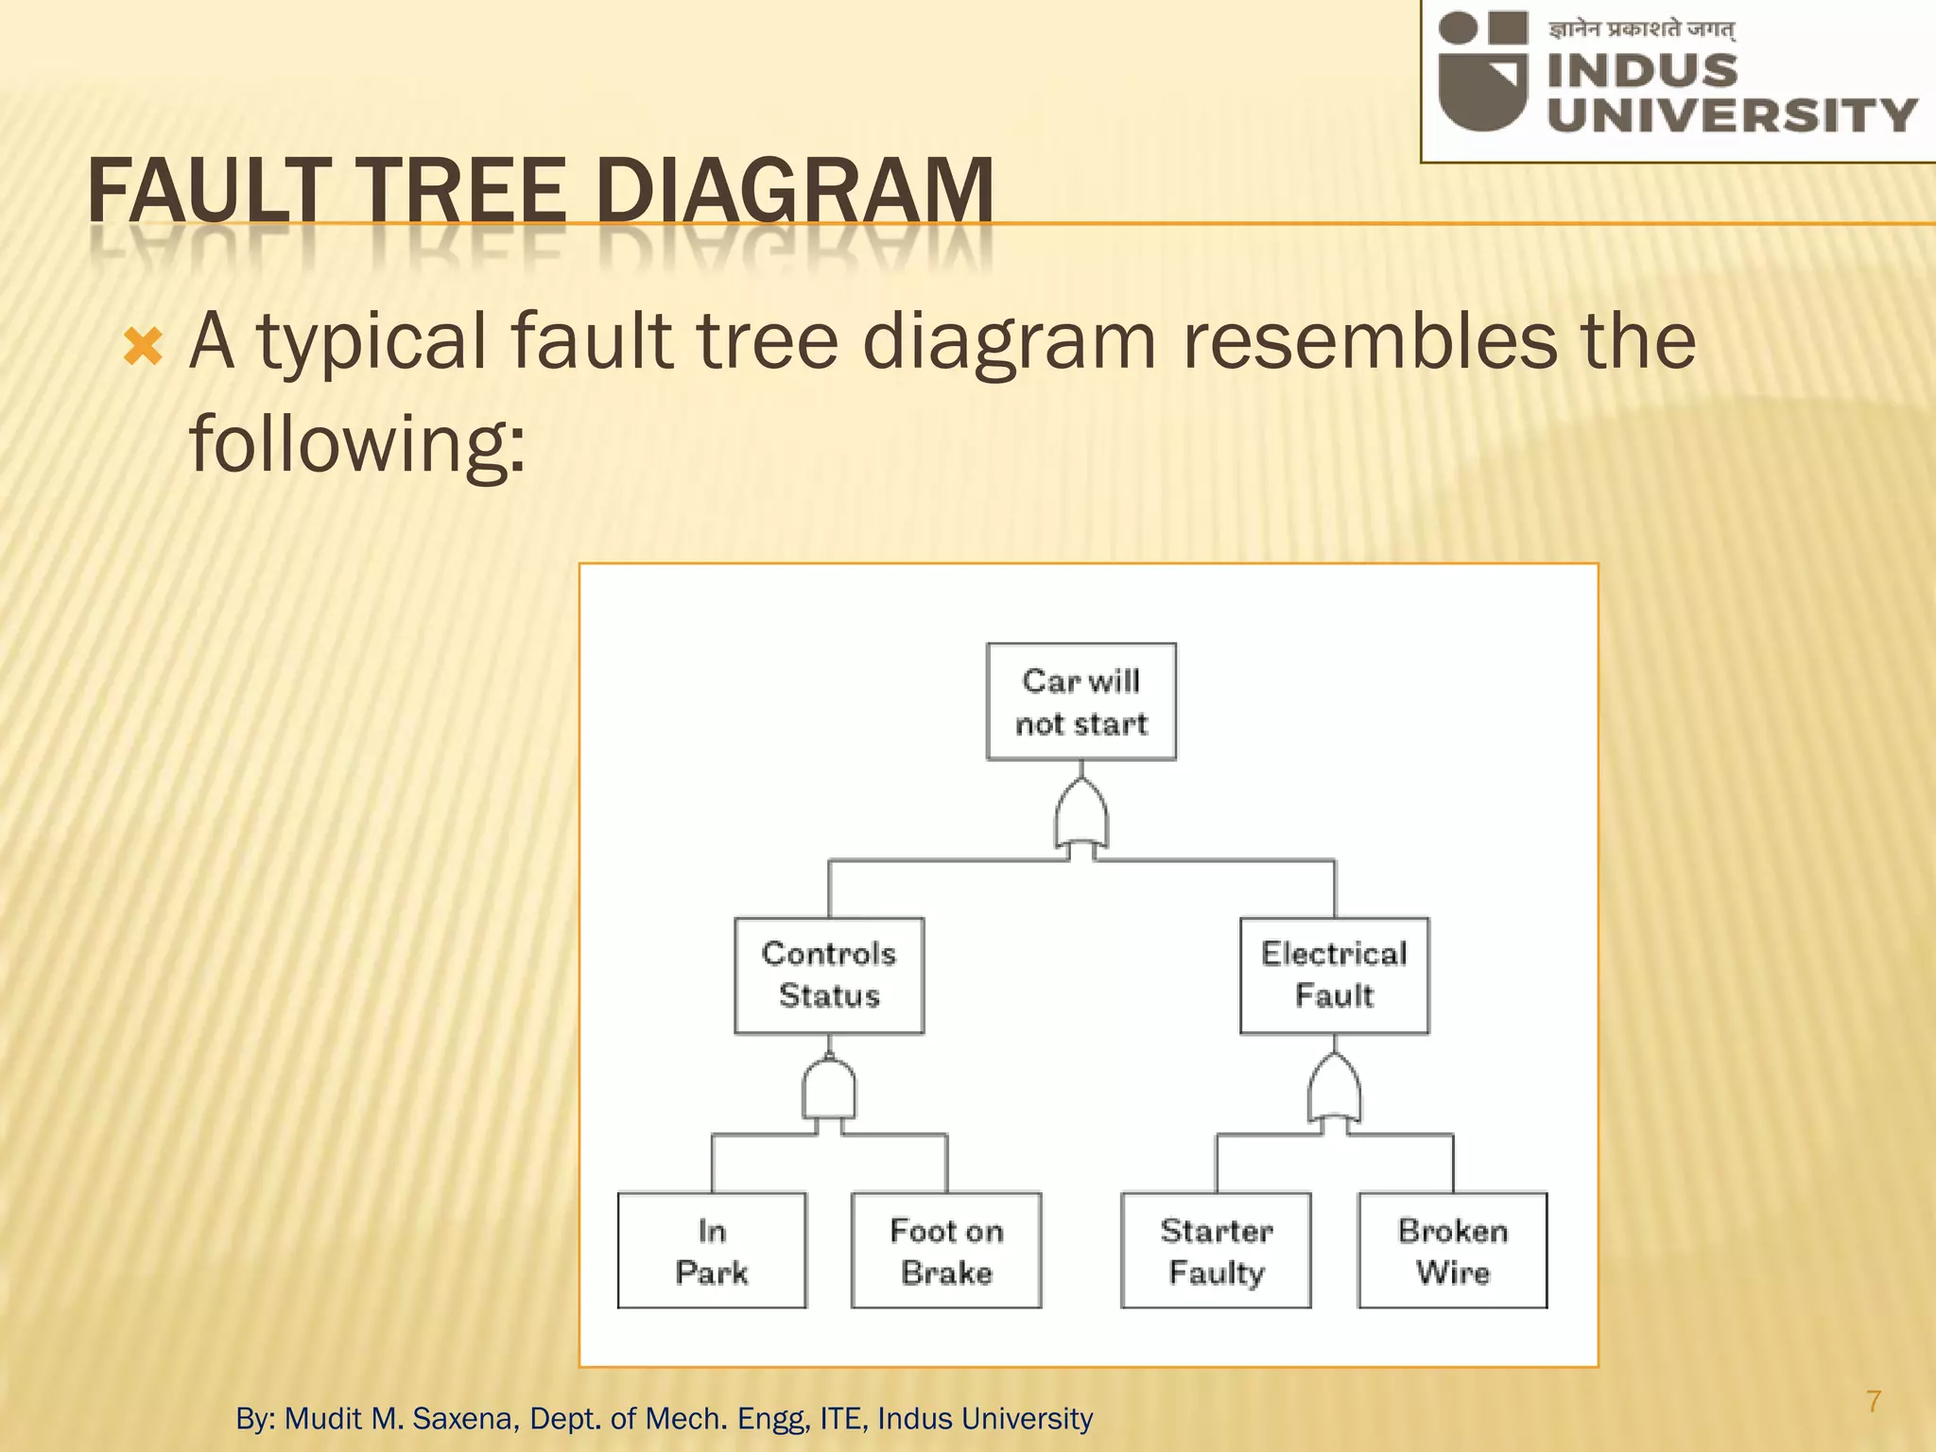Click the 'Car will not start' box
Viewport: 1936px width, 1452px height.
point(1080,701)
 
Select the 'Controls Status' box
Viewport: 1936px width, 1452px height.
point(828,975)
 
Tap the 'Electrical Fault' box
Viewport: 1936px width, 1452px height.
point(1334,975)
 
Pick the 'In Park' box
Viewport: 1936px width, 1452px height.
point(712,1251)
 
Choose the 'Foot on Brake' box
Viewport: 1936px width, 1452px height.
point(945,1251)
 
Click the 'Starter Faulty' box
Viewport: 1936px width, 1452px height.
point(1216,1251)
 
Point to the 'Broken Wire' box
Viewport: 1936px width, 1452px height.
point(1452,1251)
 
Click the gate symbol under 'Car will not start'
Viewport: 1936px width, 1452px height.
point(1081,817)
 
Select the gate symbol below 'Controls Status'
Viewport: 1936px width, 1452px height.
point(829,1091)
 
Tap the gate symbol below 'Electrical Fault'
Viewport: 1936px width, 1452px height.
point(1334,1091)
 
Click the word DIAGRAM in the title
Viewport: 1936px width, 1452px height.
point(794,191)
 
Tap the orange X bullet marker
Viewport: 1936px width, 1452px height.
point(144,348)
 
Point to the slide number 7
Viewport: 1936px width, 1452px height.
point(1874,1401)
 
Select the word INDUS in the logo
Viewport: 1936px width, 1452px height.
point(1642,71)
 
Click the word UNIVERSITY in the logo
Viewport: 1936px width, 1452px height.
point(1731,115)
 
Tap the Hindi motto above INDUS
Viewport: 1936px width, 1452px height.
point(1641,29)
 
